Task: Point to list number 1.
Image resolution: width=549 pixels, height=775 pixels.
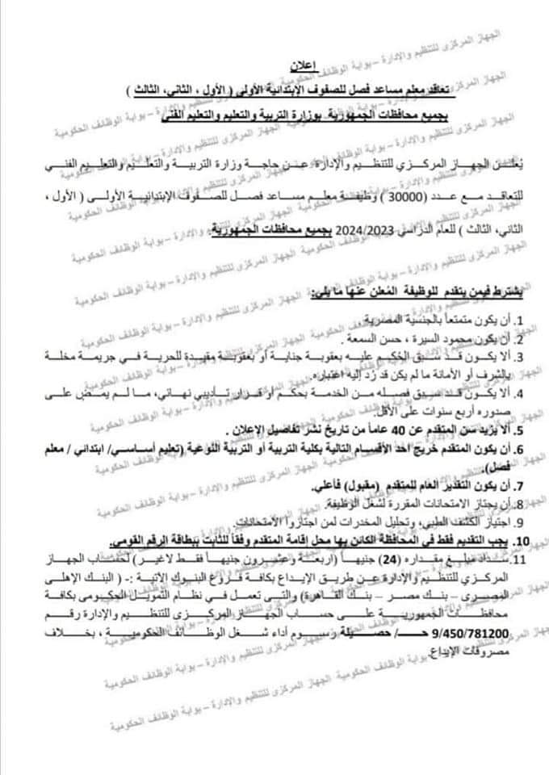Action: click(x=521, y=320)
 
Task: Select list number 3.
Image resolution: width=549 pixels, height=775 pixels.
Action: click(x=521, y=357)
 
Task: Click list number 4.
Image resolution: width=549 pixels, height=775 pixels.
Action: click(x=521, y=394)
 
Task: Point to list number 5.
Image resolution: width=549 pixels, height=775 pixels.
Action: click(x=521, y=429)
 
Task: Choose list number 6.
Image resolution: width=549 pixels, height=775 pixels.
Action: click(x=521, y=448)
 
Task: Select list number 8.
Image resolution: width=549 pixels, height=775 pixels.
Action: click(x=521, y=506)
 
